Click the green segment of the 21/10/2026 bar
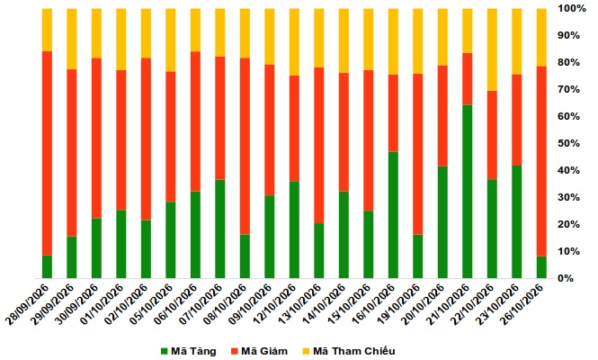468,192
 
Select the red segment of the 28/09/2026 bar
47,153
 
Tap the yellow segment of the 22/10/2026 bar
492,49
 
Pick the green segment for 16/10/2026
393,215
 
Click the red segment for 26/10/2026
541,161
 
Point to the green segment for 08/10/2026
245,256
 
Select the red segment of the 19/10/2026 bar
418,154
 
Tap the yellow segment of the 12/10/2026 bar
294,42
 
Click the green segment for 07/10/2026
220,229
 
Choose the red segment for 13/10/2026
319,146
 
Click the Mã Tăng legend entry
189,351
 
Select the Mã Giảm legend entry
259,351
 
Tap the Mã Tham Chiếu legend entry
349,351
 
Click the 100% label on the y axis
572,8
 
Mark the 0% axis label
566,278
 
